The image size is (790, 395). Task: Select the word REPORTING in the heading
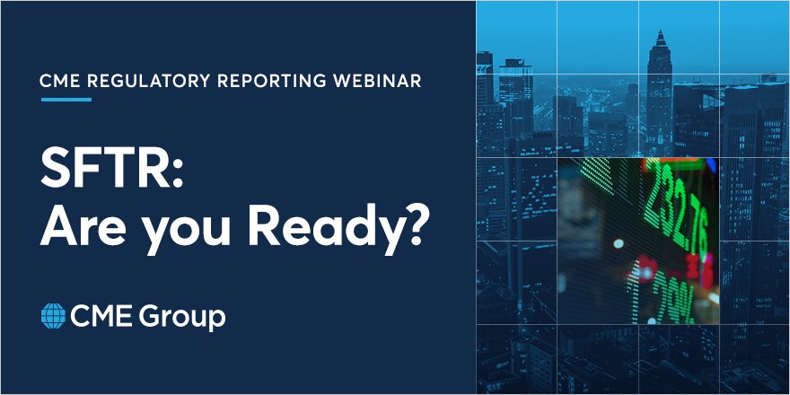[x=267, y=81]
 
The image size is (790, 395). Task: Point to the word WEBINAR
[x=376, y=81]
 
